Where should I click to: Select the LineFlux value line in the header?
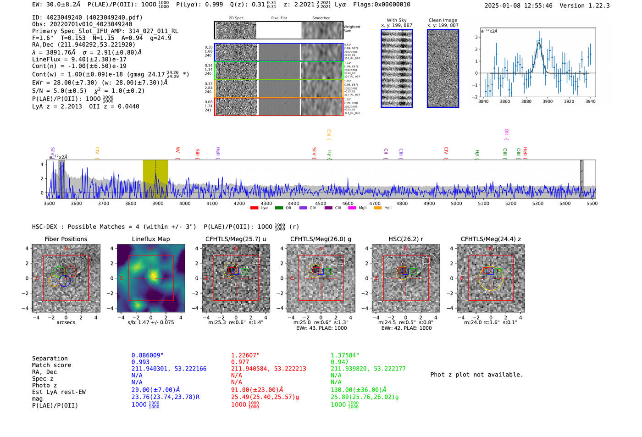79,59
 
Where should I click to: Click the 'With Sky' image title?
396,20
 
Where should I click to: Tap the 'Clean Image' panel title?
443,20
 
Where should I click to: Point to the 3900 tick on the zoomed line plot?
548,101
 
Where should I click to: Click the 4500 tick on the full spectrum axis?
321,204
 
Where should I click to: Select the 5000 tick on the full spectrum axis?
456,204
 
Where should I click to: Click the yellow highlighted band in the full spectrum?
155,179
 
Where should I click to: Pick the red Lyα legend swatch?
255,208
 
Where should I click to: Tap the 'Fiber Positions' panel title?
66,239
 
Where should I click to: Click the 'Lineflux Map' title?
150,239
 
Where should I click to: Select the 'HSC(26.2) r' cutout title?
406,239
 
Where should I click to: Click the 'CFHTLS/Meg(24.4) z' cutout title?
491,239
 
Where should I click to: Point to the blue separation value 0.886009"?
147,355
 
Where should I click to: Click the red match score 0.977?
240,362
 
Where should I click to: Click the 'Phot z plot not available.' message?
476,375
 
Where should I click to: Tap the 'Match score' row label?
51,365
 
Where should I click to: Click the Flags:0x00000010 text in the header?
382,4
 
